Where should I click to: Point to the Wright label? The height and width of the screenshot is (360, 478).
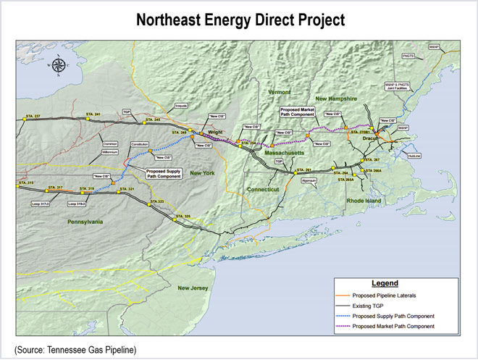[215, 132]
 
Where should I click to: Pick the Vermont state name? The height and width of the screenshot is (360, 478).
[279, 93]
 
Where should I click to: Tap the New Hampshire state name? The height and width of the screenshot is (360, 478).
[336, 98]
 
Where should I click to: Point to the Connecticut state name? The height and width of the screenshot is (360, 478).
[262, 189]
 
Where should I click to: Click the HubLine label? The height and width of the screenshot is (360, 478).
[414, 155]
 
